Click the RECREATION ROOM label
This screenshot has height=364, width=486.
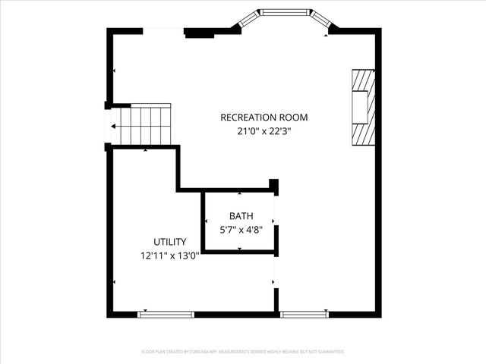tap(264, 118)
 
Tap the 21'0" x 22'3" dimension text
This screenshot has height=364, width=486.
tap(264, 130)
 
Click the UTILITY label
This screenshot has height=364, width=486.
tap(169, 242)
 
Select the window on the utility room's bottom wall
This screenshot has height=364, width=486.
tap(166, 314)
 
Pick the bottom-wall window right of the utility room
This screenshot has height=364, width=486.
tap(304, 314)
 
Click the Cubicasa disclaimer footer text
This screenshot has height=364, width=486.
tap(243, 352)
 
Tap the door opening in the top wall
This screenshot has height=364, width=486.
tap(163, 30)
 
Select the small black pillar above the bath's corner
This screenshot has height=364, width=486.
tap(274, 186)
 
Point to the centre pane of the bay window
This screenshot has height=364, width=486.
tap(285, 12)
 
